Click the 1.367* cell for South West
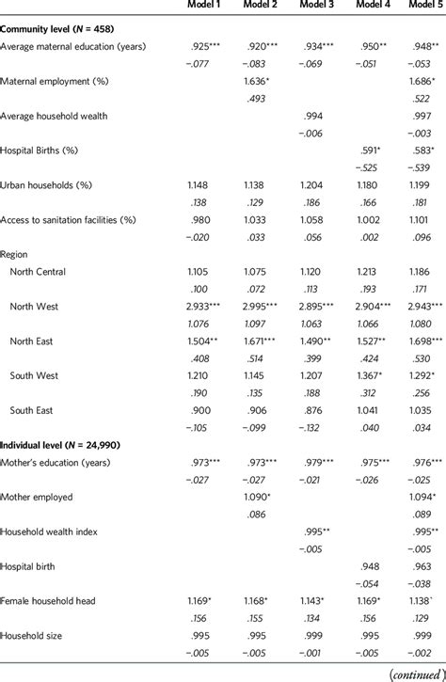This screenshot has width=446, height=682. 373,375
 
